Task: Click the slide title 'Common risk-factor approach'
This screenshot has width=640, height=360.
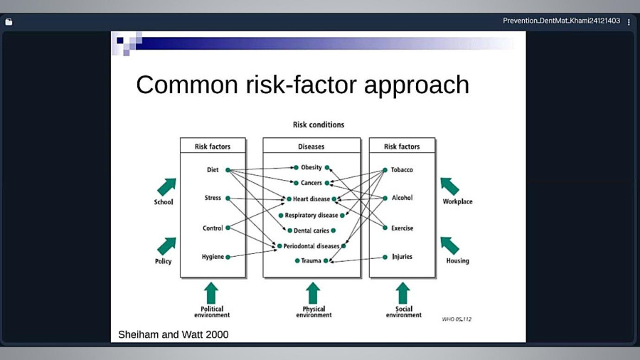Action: pyautogui.click(x=302, y=85)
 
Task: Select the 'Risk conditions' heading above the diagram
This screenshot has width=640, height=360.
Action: pyautogui.click(x=319, y=125)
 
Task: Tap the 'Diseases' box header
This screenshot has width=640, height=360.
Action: pyautogui.click(x=311, y=146)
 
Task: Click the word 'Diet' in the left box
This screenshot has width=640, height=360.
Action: pyautogui.click(x=213, y=169)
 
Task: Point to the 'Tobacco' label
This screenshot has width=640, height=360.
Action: pyautogui.click(x=402, y=169)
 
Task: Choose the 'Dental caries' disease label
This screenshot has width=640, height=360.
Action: pyautogui.click(x=311, y=231)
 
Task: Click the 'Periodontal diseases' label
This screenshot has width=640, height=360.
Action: pyautogui.click(x=311, y=246)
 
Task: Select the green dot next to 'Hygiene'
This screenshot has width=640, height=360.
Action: pyautogui.click(x=228, y=257)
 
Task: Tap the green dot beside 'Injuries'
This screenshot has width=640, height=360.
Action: pyautogui.click(x=385, y=257)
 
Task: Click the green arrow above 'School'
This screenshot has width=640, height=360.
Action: pyautogui.click(x=166, y=187)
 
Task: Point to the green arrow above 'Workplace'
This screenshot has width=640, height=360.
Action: pyautogui.click(x=449, y=186)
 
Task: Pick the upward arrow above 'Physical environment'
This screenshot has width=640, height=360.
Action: pyautogui.click(x=313, y=293)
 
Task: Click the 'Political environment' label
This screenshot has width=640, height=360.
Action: pyautogui.click(x=212, y=312)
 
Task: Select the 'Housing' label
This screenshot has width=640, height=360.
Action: pyautogui.click(x=457, y=260)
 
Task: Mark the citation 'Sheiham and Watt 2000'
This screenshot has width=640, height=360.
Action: pyautogui.click(x=174, y=334)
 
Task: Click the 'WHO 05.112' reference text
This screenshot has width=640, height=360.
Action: pyautogui.click(x=457, y=319)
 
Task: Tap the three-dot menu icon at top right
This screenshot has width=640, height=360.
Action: pyautogui.click(x=629, y=22)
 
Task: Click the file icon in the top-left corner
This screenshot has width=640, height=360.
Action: pyautogui.click(x=9, y=22)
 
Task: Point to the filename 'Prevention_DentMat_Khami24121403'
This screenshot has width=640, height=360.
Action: pyautogui.click(x=561, y=21)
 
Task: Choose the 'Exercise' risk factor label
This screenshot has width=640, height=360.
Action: pyautogui.click(x=402, y=228)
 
